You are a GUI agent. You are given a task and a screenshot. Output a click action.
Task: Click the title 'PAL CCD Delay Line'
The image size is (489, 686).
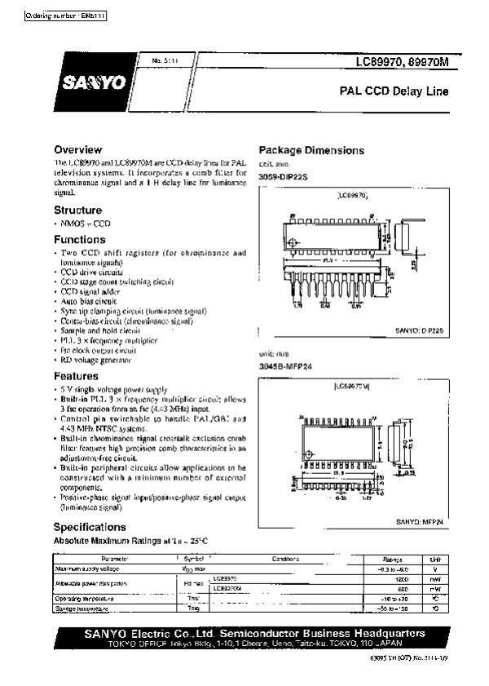395,92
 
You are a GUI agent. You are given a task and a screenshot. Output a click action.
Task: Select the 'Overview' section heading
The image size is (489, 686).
77,149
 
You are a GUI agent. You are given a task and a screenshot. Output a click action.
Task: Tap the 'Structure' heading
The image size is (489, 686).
77,210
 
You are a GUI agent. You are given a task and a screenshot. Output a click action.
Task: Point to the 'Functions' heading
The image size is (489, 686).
80,240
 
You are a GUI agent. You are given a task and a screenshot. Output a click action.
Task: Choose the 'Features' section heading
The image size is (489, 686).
76,376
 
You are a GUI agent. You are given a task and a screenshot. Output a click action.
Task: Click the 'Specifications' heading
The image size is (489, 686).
89,526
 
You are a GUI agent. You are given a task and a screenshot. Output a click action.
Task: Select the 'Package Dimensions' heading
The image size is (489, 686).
311,150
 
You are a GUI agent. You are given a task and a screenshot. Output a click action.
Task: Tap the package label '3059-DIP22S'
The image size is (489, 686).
284,176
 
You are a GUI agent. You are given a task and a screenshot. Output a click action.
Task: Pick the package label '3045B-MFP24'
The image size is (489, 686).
285,367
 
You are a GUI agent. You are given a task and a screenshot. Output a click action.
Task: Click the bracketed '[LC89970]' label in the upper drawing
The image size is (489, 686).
352,197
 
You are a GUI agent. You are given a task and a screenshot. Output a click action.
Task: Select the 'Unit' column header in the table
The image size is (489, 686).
435,559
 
